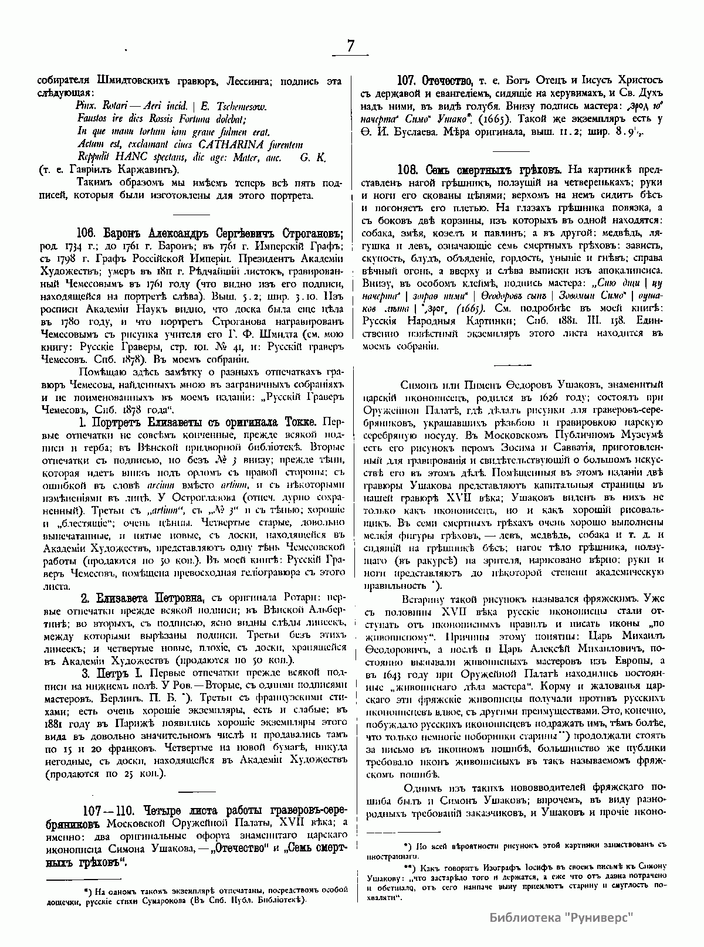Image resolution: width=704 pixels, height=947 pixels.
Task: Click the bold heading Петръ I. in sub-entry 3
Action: [119, 672]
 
